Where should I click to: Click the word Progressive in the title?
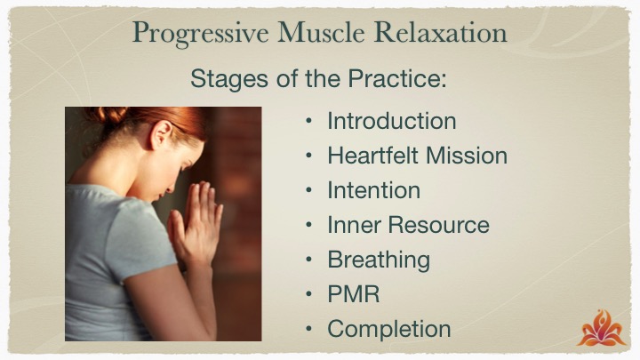(200, 33)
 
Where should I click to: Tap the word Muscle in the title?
(321, 32)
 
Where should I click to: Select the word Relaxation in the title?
(440, 32)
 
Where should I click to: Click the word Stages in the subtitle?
(229, 79)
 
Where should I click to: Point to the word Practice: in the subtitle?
(397, 78)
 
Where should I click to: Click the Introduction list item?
(392, 121)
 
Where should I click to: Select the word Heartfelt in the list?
(373, 156)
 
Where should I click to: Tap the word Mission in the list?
(467, 156)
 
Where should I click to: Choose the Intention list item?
(374, 190)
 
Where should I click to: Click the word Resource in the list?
(438, 225)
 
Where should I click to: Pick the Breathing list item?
(379, 260)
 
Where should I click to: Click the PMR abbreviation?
(354, 294)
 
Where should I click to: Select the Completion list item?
(389, 330)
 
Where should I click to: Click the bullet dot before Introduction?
(308, 121)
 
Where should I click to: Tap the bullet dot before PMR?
(308, 295)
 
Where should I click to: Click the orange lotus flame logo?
(601, 329)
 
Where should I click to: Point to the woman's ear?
(160, 135)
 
